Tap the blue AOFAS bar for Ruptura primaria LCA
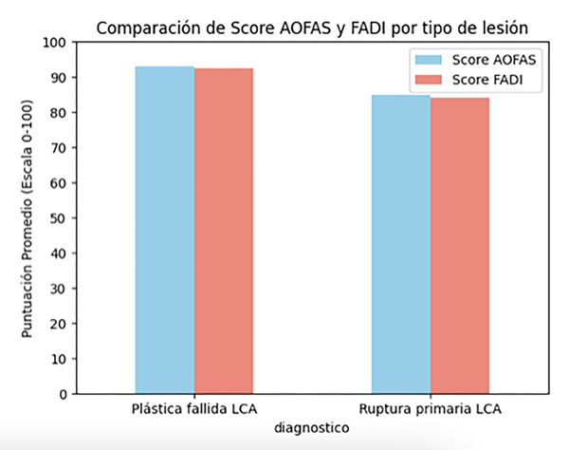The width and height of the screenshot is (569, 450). (400, 244)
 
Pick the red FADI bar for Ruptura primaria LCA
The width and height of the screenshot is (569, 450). (459, 246)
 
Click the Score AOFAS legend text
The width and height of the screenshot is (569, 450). (494, 60)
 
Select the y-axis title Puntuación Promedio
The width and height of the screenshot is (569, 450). (28, 218)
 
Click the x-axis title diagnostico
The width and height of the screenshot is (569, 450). (311, 428)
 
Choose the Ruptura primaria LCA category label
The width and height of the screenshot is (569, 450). (430, 410)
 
